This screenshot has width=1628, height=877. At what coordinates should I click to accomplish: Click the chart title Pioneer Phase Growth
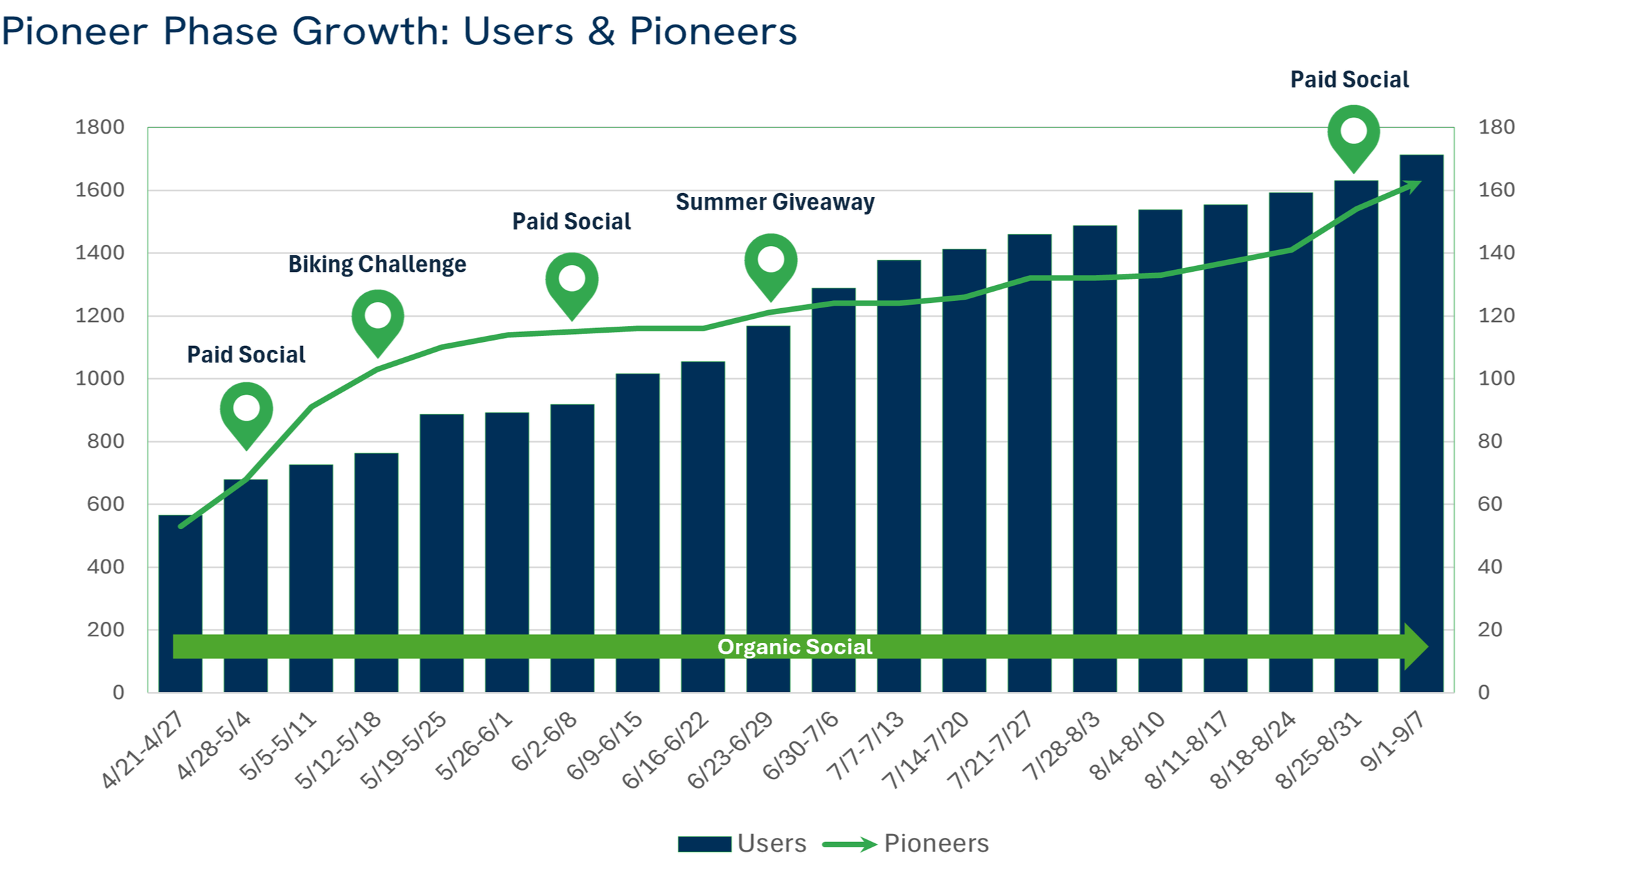(x=399, y=31)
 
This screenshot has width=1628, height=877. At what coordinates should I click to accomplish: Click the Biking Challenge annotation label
(x=377, y=265)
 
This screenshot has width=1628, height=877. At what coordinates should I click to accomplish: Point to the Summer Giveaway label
(x=774, y=202)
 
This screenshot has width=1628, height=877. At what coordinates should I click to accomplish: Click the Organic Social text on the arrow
(x=794, y=646)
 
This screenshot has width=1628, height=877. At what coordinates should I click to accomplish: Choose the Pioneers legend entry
(x=906, y=843)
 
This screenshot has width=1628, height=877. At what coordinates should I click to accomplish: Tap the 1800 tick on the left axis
(x=100, y=127)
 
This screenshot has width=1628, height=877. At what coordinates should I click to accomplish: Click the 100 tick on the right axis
(x=1496, y=378)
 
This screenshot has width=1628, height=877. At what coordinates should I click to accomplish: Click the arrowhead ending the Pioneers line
(x=1414, y=186)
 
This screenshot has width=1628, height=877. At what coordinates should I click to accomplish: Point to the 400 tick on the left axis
(x=106, y=567)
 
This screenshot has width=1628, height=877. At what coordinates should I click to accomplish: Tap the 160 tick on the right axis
(x=1496, y=190)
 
